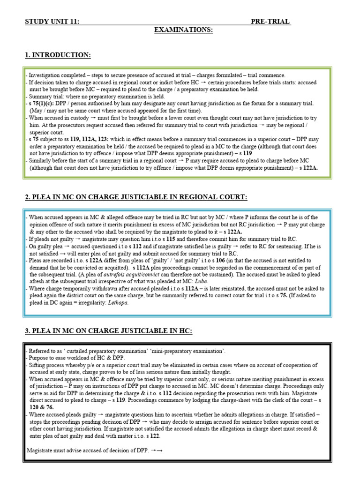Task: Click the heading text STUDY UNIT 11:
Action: click(x=52, y=22)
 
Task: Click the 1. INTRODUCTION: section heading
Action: click(x=58, y=55)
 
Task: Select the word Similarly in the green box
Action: click(x=40, y=160)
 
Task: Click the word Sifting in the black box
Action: click(x=38, y=364)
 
